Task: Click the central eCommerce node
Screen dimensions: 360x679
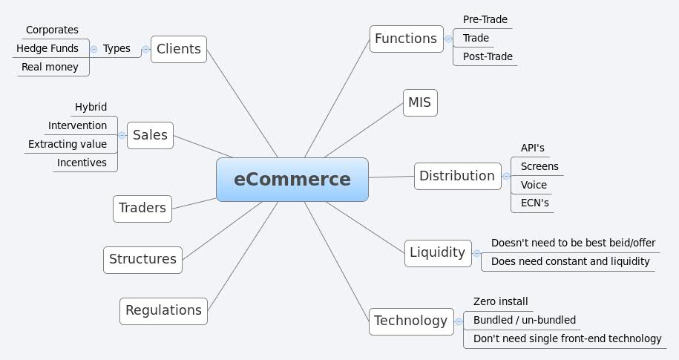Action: coord(292,180)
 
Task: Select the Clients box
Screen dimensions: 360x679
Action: coord(179,49)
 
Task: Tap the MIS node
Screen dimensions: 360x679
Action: coord(420,102)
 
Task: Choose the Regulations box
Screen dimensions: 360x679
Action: coord(163,310)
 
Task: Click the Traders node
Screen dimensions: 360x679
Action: coord(142,208)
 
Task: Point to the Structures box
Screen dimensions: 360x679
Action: coord(142,259)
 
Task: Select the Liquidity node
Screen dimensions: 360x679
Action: coord(437,252)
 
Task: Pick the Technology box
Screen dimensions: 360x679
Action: coord(410,321)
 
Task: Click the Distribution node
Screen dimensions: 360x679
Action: coord(456,176)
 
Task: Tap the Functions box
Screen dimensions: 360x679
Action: coord(405,39)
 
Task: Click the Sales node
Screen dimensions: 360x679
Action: coord(150,135)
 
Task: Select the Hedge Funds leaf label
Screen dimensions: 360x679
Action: coord(47,48)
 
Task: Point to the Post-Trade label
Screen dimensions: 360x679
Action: coord(488,56)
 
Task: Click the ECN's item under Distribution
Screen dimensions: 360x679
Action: coord(534,203)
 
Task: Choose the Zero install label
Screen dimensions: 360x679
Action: coord(500,301)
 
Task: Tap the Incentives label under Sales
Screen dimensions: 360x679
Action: coord(82,163)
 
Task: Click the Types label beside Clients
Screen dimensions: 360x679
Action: coord(117,48)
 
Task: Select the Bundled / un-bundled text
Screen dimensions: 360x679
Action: coord(524,320)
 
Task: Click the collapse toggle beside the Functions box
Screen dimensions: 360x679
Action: coord(448,39)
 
